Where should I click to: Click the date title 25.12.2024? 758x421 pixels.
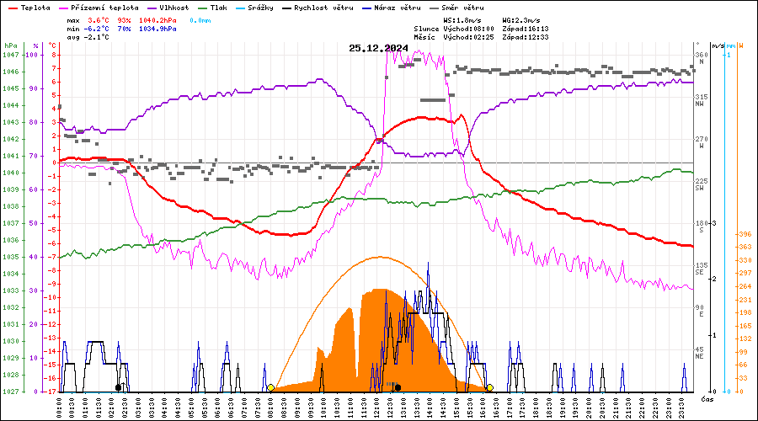pos(378,47)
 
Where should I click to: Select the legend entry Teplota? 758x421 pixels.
pos(35,7)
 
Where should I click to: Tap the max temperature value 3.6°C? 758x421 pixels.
pos(99,19)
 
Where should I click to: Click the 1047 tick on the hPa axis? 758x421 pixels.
pos(10,55)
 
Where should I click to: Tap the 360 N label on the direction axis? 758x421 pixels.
pos(701,58)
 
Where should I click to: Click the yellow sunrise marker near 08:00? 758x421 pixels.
pos(270,388)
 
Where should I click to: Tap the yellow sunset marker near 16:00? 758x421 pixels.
pos(489,388)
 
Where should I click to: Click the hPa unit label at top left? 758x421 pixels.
pos(10,45)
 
